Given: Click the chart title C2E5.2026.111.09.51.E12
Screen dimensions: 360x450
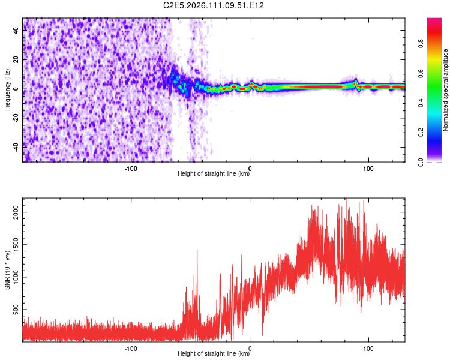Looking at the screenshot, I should [x=214, y=5].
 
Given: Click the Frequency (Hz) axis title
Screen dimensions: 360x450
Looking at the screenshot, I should [x=7, y=89].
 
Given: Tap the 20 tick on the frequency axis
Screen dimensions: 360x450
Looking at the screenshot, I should [x=16, y=60].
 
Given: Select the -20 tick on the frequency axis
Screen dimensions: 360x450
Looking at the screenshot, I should [x=15, y=118].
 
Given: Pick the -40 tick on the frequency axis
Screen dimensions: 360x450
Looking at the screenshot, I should [x=15, y=145].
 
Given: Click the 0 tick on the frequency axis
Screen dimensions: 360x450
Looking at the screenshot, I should [x=18, y=89].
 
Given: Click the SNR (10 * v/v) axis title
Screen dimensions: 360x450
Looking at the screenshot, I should [x=7, y=271].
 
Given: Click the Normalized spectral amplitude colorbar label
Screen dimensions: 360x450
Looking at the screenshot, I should [x=446, y=89].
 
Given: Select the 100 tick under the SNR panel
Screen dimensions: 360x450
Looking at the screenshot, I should [x=368, y=347].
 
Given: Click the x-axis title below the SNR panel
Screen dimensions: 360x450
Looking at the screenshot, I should [x=214, y=354].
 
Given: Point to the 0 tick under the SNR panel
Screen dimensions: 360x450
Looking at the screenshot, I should [x=250, y=347].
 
